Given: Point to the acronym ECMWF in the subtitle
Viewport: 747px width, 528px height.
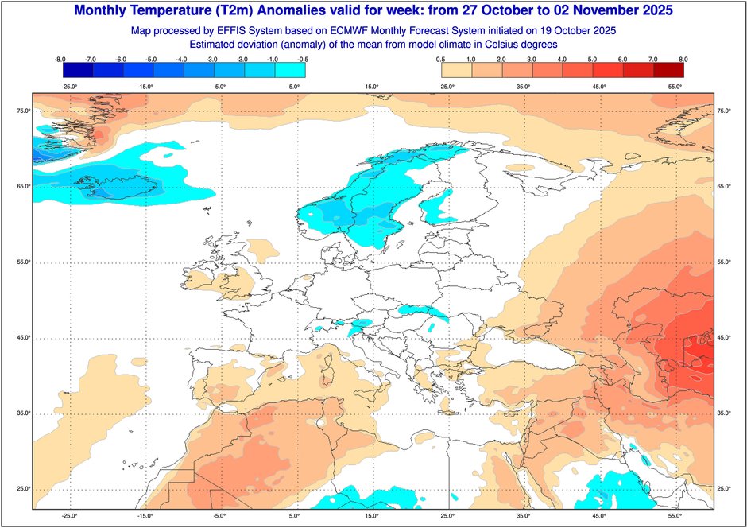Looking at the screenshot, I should tap(353, 30).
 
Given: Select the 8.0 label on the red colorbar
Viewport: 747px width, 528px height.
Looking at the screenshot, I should tap(682, 59).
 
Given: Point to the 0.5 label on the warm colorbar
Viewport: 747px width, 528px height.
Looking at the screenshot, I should tap(440, 59).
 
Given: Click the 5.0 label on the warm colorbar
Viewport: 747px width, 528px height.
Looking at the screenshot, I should tap(591, 59).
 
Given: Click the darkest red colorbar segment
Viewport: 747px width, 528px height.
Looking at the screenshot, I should tap(668, 70).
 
